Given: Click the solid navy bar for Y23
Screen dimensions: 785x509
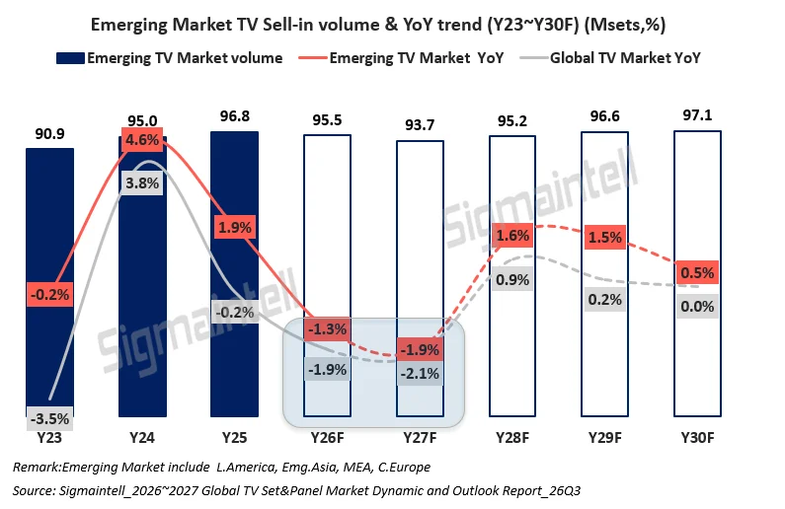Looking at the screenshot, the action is point(49,282).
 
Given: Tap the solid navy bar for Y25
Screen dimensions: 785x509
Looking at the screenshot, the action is point(234,274).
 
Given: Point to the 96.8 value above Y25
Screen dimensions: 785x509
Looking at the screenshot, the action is point(234,116).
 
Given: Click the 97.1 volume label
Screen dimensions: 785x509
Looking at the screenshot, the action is point(697,115).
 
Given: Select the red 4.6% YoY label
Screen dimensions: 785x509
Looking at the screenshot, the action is point(142,139).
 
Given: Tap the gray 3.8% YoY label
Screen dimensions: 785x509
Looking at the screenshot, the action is point(142,183).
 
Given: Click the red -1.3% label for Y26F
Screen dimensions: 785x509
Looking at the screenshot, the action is point(327,329).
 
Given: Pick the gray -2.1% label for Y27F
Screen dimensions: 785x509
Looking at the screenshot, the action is point(420,374).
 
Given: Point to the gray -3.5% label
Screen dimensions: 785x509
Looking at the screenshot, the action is point(49,418).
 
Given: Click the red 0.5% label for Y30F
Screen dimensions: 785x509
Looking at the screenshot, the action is point(697,272).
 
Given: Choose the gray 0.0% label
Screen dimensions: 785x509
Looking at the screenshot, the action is point(697,306).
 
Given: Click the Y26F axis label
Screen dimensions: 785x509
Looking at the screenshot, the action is point(327,438).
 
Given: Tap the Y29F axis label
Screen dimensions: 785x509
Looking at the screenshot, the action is point(604,438).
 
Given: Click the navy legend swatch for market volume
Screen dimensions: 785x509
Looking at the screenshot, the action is point(70,58).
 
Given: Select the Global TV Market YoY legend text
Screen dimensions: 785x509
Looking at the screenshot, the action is point(625,58).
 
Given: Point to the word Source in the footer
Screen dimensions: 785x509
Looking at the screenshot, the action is point(33,490).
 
